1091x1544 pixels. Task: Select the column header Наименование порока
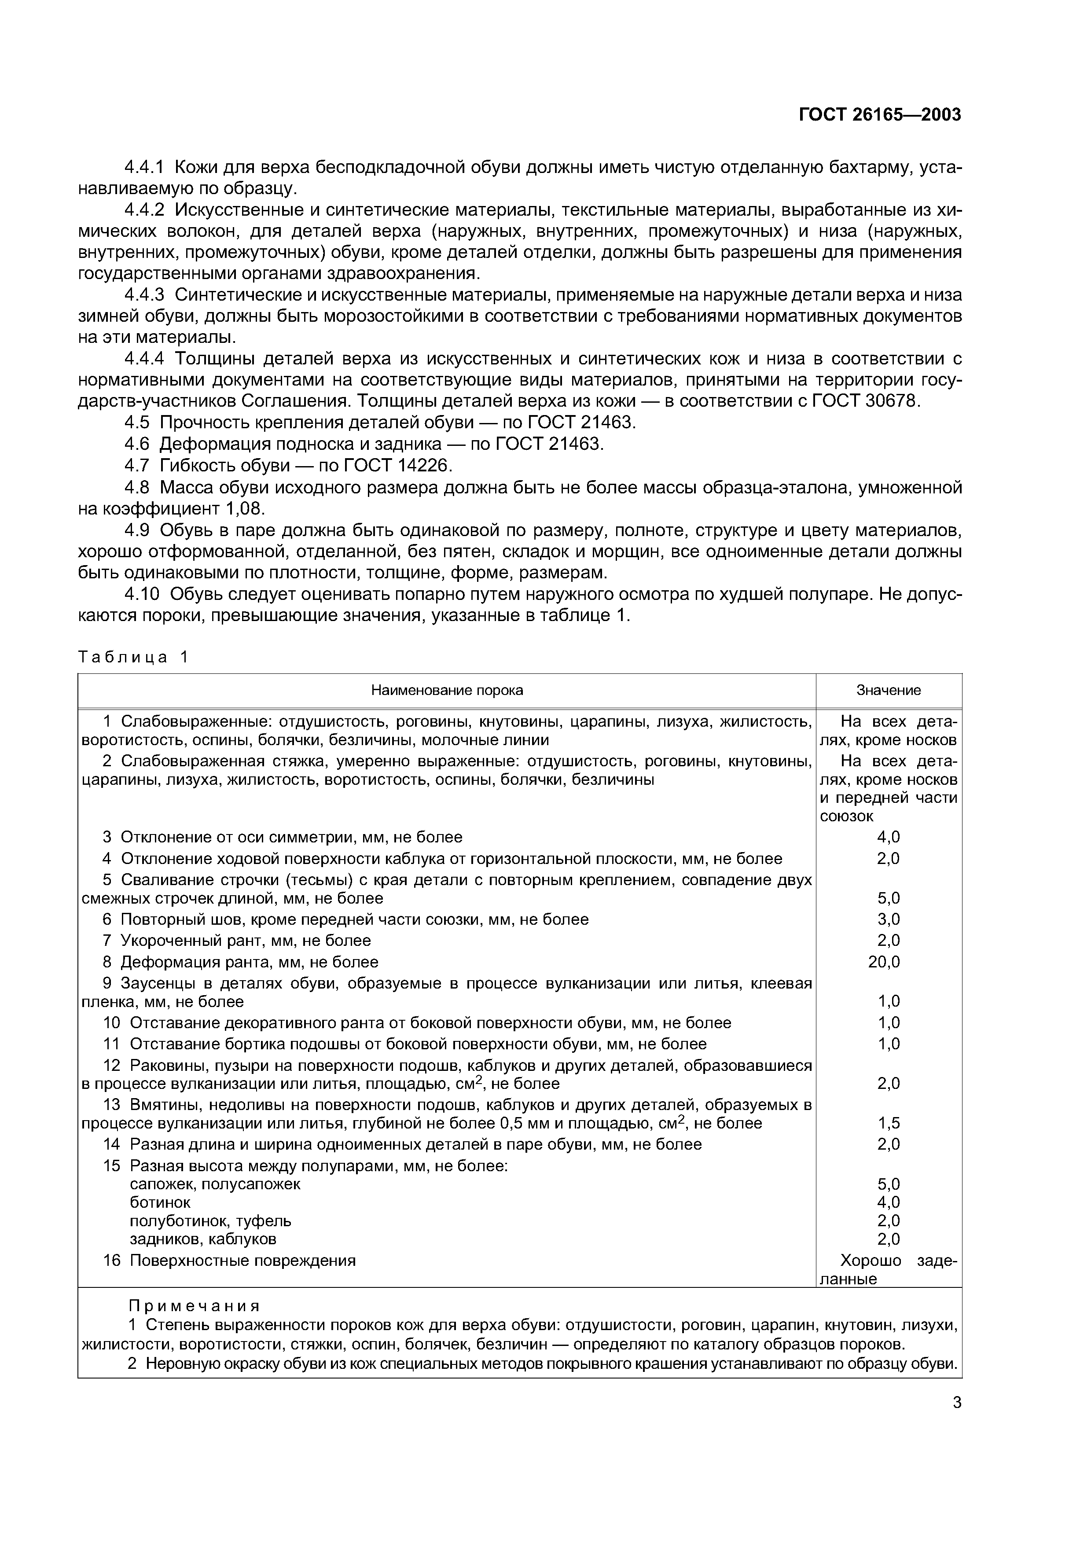(x=447, y=690)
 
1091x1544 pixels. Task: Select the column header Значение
(x=888, y=690)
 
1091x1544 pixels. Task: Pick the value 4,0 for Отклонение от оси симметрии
(x=888, y=837)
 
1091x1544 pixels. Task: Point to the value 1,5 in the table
(x=888, y=1124)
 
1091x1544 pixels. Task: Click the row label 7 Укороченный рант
(x=237, y=941)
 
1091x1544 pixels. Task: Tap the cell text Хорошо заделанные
(x=888, y=1270)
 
